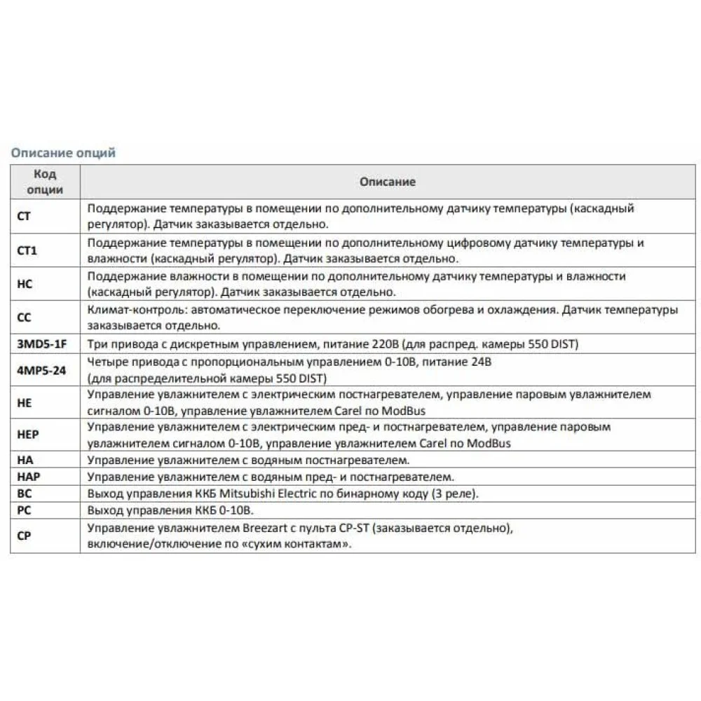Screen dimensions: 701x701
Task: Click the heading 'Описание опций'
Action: tap(62, 153)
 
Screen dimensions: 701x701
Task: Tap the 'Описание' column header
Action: tap(388, 182)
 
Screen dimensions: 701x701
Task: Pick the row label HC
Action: tap(24, 284)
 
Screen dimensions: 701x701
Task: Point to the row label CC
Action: tap(23, 318)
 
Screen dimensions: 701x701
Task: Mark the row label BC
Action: tap(23, 494)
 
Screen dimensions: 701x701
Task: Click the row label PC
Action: tap(23, 510)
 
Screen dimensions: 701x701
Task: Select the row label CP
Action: tap(23, 535)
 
